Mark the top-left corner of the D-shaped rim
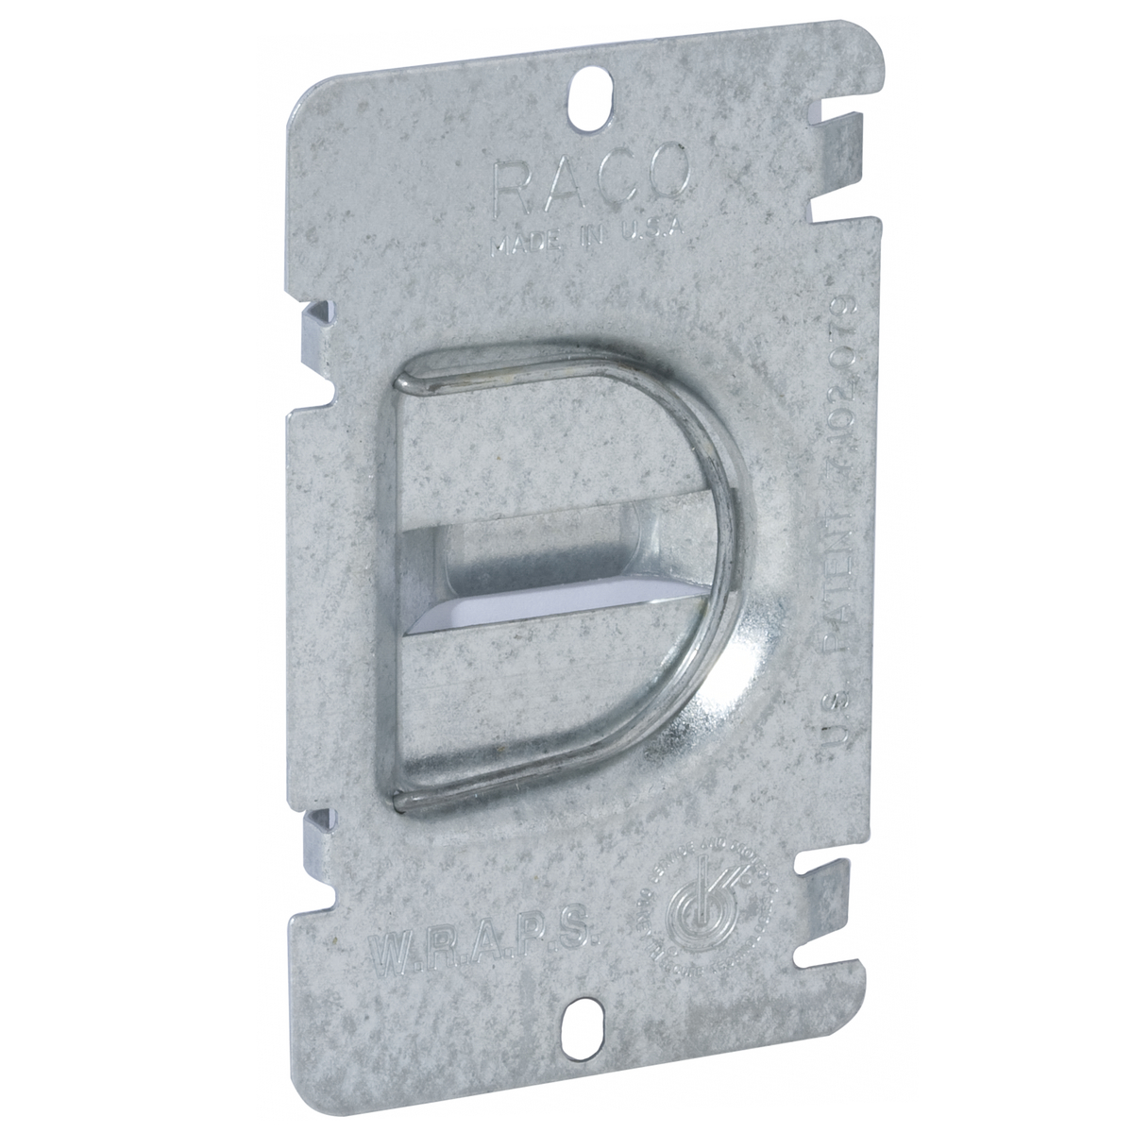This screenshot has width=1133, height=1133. point(406,383)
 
